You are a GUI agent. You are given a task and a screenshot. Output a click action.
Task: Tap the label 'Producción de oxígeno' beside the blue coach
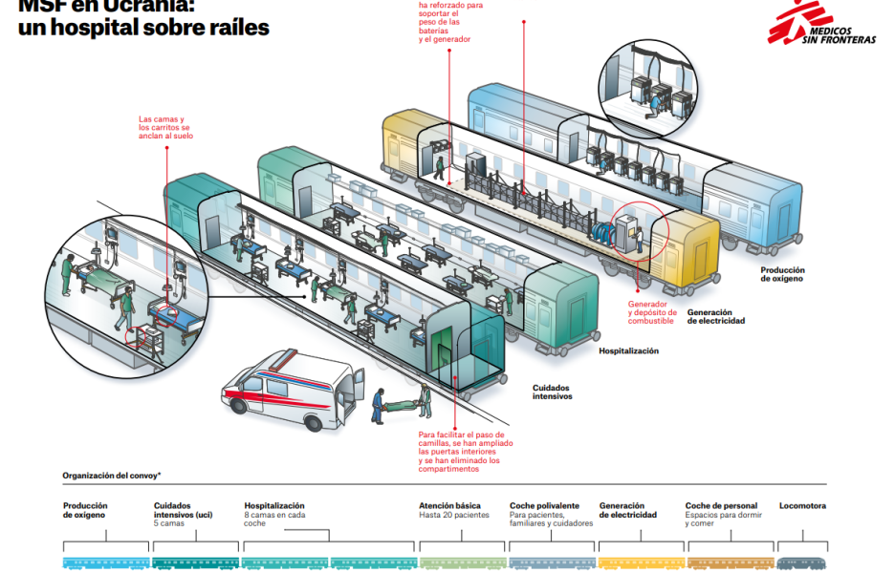tap(782, 274)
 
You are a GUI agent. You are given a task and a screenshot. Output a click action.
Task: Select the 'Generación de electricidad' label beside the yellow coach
tap(715, 316)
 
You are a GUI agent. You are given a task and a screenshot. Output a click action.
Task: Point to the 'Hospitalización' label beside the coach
tap(628, 350)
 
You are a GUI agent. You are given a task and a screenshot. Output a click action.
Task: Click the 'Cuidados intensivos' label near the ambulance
tap(552, 392)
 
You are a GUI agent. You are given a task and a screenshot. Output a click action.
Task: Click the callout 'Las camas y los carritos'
tap(165, 128)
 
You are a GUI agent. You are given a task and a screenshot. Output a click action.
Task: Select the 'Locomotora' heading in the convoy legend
tap(802, 506)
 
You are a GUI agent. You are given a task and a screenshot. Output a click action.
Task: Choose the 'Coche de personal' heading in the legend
tap(721, 506)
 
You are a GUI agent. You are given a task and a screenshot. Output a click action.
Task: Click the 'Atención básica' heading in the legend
tap(449, 506)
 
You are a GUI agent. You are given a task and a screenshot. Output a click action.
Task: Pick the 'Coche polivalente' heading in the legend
tap(544, 506)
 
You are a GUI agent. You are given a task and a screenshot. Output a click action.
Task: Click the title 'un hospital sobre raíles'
tap(143, 29)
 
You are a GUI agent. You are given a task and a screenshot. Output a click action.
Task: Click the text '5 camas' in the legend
tap(168, 523)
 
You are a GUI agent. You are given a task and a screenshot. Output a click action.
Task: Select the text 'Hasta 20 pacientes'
tap(453, 516)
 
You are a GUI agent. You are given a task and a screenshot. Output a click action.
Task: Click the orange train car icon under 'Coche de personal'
tap(730, 563)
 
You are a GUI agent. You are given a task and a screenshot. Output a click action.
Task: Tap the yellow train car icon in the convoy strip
tap(640, 563)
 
